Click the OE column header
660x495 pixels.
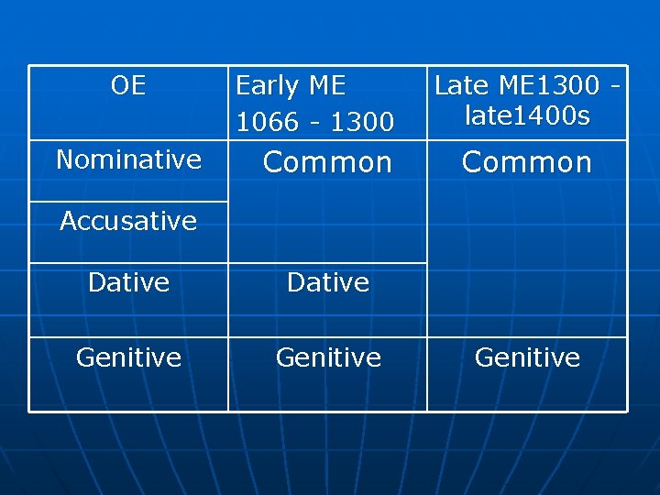(x=128, y=86)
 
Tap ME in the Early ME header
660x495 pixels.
(x=326, y=86)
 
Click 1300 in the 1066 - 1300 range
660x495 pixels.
(x=364, y=121)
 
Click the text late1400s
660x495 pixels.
(x=527, y=115)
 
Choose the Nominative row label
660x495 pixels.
(x=128, y=159)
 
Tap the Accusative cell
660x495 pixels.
(x=128, y=221)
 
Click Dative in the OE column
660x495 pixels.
(x=128, y=282)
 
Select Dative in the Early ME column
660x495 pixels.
(x=327, y=282)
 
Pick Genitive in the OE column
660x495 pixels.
(x=128, y=357)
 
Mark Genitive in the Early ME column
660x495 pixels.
(x=327, y=357)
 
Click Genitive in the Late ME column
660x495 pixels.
(x=527, y=357)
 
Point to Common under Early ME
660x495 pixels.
(x=327, y=162)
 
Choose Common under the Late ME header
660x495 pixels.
(x=527, y=162)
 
